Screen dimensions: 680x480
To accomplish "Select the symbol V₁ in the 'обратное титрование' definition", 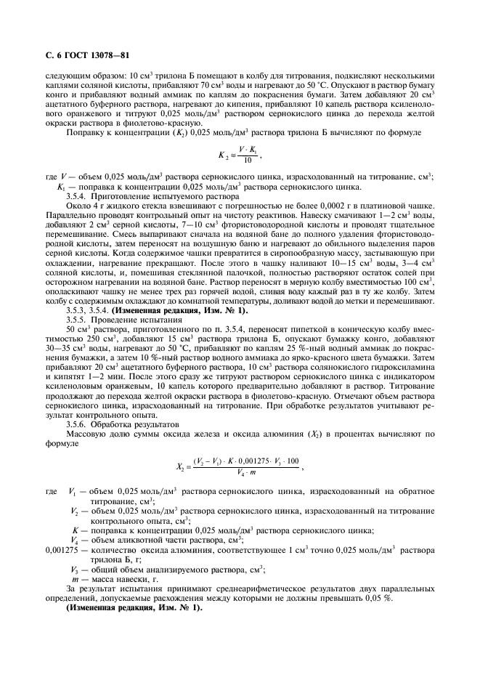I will coord(74,492).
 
